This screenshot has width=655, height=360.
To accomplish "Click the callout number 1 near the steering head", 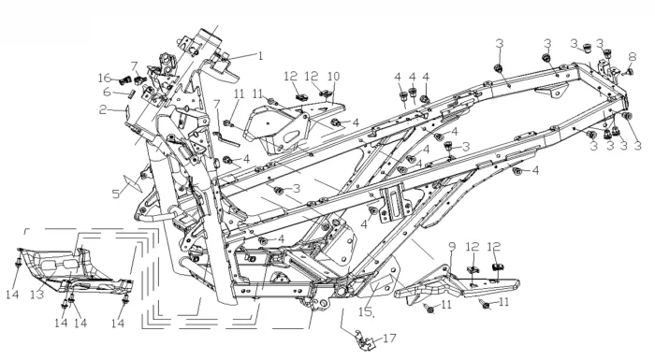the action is pos(261,55).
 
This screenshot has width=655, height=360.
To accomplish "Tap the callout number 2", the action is pos(103,109).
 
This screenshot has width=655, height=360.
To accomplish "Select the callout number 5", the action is pos(116,194).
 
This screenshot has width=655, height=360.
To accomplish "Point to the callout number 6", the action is pos(108,92).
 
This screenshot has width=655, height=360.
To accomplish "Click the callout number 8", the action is pos(633,57).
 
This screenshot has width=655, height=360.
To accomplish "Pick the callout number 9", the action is pos(452,247).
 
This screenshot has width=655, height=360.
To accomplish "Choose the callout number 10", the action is pos(334,77).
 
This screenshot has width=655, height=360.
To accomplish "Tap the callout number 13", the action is pos(37,295).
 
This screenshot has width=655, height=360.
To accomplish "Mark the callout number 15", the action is pos(366,312).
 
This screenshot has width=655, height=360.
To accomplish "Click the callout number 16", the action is pos(105,78).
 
